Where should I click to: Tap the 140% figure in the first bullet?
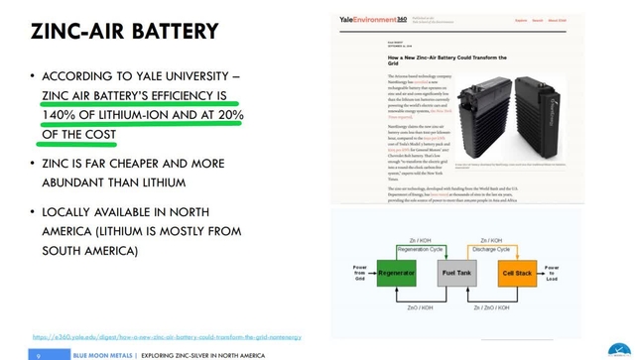[x=63, y=115]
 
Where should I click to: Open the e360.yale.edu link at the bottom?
[x=166, y=337]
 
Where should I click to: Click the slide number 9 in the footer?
[x=38, y=354]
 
